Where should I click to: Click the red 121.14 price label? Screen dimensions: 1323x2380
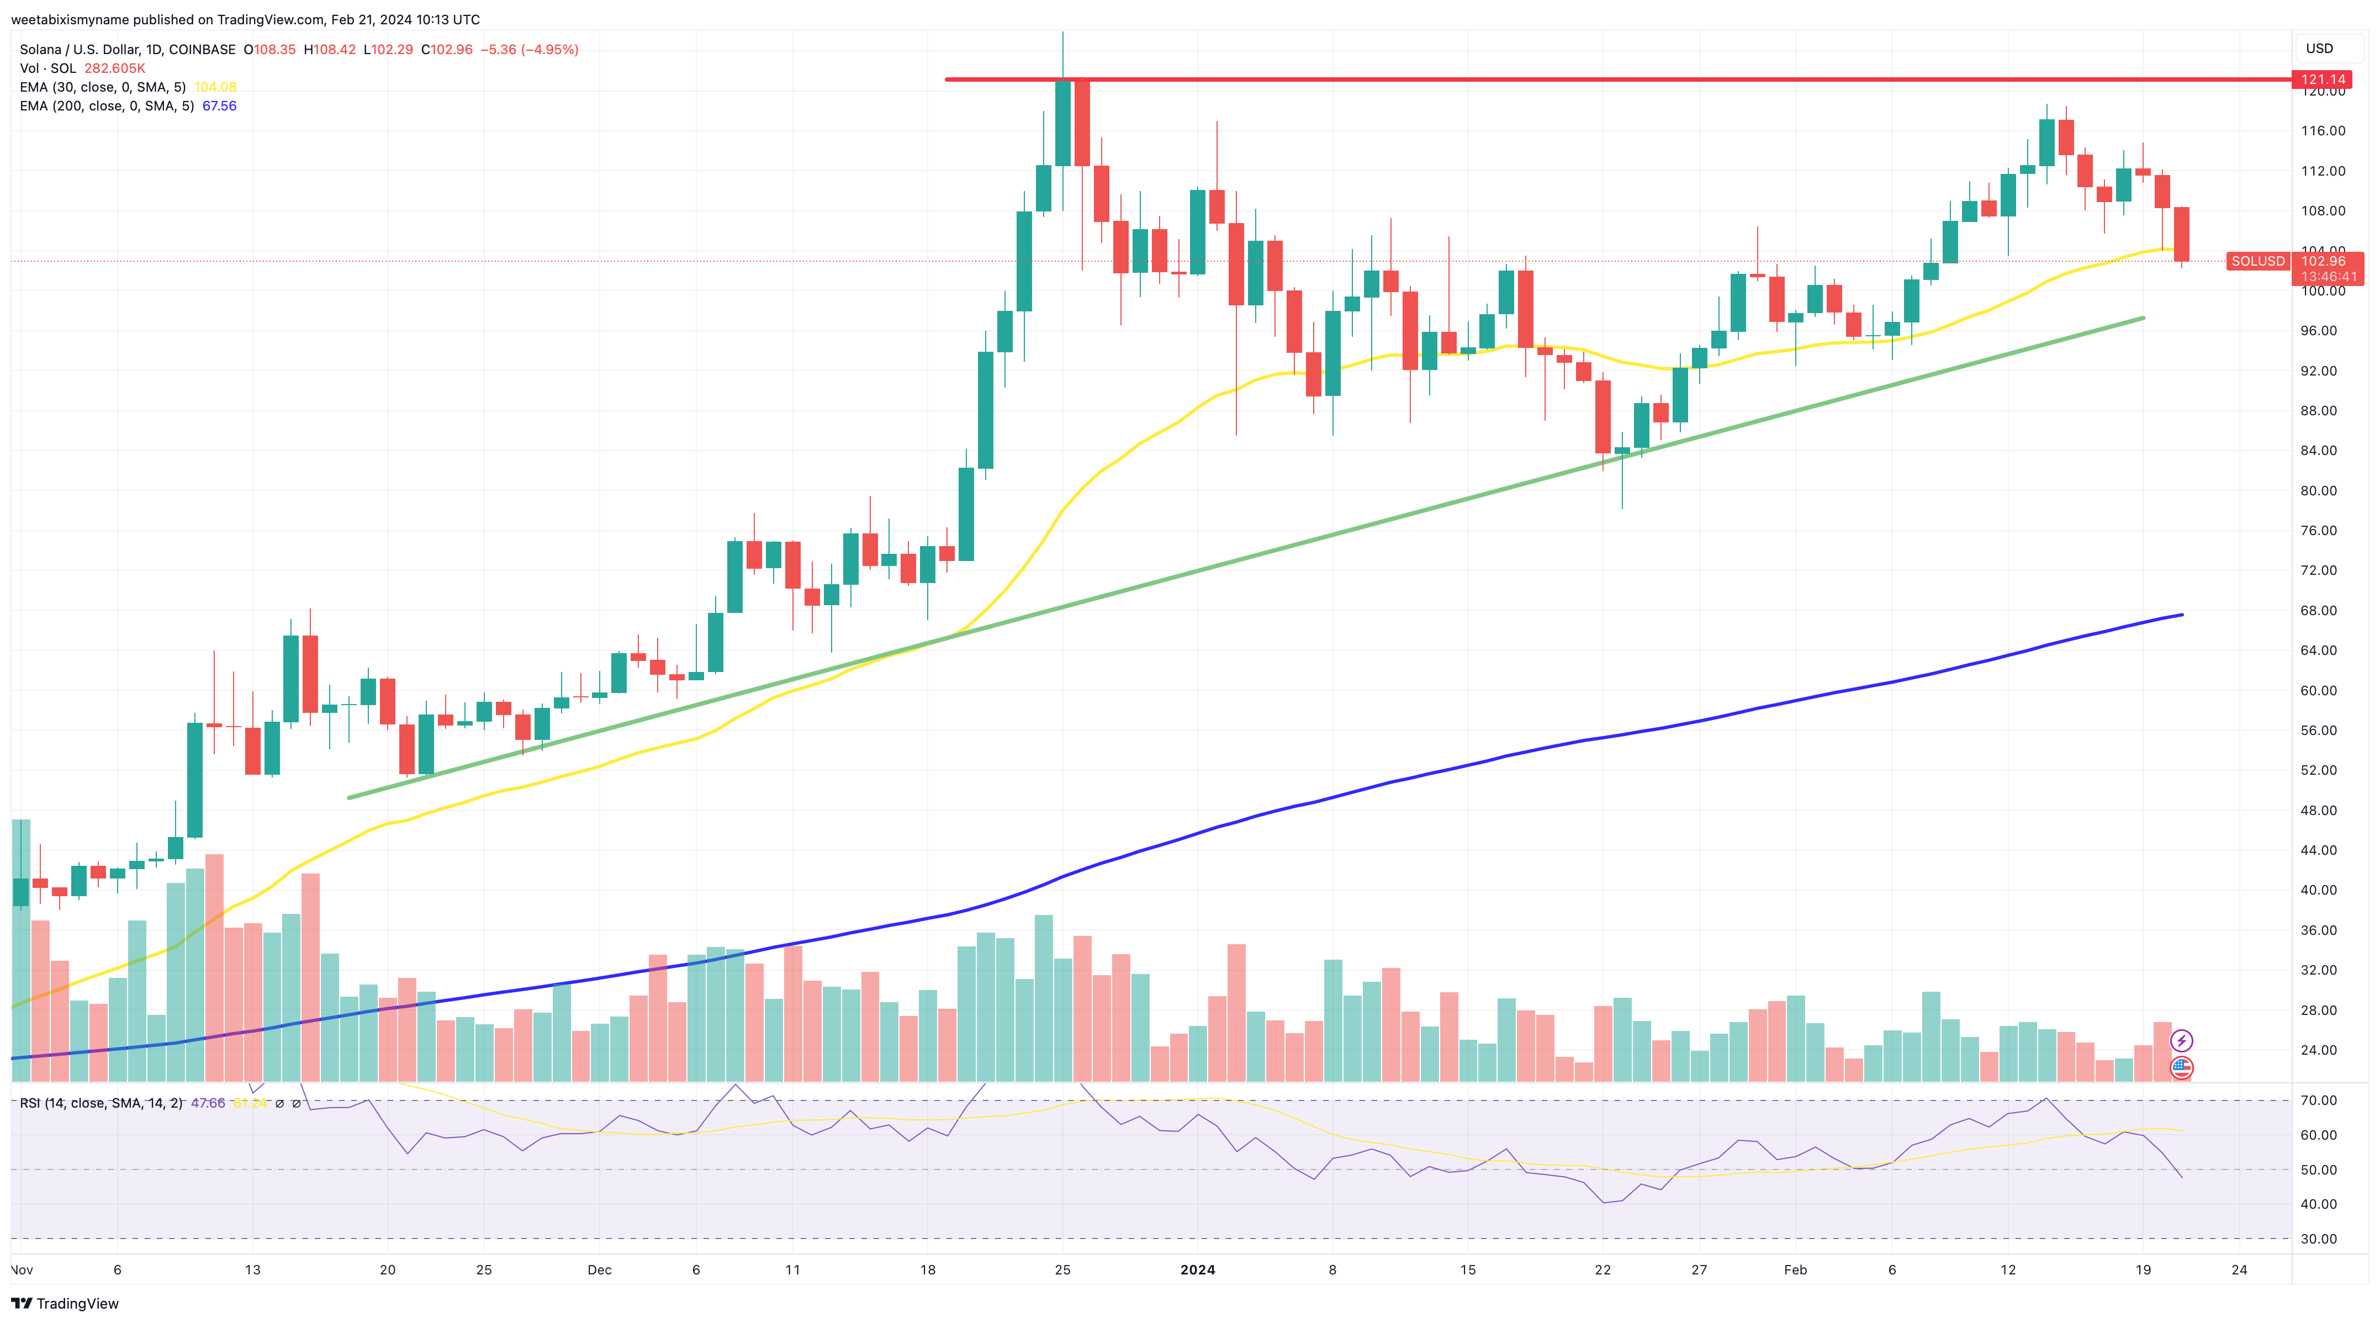pos(2323,80)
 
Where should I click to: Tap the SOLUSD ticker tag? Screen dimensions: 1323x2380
pos(2257,262)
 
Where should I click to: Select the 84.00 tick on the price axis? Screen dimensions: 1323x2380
pos(2323,451)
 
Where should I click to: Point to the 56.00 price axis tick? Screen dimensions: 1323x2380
pos(2323,731)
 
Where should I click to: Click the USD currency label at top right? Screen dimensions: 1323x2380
pos(2319,48)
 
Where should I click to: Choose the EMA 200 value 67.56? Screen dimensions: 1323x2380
pos(219,106)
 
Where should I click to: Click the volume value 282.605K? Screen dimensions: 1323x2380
pos(114,68)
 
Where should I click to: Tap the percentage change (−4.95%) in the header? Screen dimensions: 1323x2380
pos(550,50)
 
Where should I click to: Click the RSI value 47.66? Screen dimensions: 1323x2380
pos(208,1103)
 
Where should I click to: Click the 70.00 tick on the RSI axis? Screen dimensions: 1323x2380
pos(2318,1100)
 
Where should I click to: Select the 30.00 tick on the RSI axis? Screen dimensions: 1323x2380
pos(2318,1239)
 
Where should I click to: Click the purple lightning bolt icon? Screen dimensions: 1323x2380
pos(2181,1041)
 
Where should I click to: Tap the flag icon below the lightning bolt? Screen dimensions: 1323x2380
pos(2181,1068)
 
